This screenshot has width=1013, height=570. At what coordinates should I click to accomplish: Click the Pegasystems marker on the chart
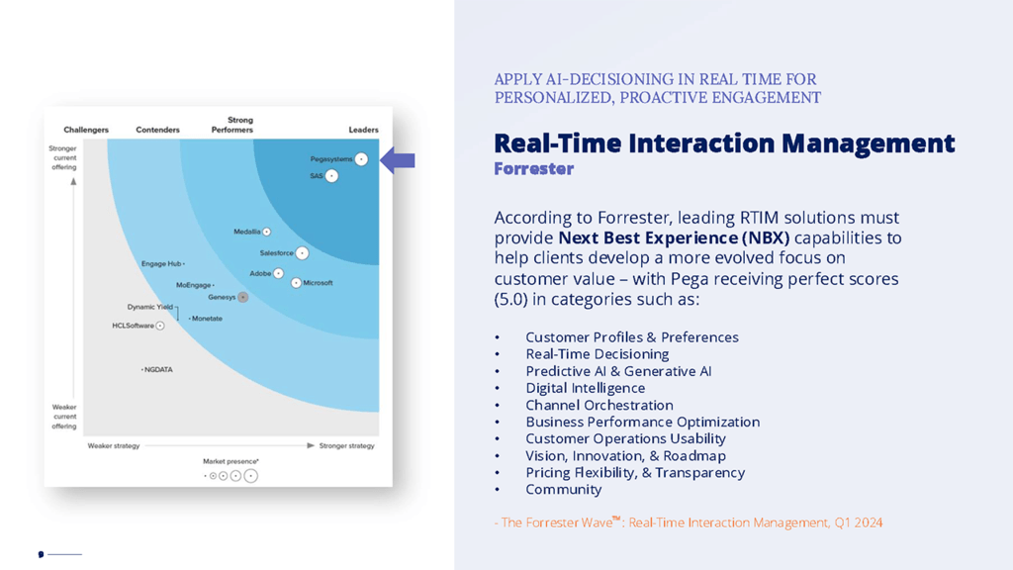361,159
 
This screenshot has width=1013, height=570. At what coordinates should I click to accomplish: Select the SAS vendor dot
331,176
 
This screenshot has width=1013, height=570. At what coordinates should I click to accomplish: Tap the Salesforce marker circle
302,253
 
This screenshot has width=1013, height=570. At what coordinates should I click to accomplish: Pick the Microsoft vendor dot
296,283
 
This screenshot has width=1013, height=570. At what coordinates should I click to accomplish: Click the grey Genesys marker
242,297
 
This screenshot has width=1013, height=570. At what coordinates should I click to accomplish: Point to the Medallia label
247,233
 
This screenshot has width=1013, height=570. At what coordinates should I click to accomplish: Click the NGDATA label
158,370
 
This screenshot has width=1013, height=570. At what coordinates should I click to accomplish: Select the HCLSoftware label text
133,326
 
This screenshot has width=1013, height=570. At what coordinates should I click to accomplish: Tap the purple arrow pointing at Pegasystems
398,159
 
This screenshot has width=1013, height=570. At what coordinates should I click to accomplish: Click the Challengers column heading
86,130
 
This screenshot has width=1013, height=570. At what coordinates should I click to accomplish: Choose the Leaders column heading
363,130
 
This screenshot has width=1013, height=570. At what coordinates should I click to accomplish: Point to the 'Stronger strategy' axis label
346,446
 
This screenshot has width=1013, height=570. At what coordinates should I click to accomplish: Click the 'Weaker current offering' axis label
64,417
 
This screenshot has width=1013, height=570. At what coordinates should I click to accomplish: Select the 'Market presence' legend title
230,461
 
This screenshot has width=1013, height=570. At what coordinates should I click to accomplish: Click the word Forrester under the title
533,169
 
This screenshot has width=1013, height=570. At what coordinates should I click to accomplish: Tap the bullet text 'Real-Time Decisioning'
597,354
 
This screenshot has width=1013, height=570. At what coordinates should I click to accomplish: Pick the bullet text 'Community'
563,490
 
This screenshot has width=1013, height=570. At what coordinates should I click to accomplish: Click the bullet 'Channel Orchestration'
599,405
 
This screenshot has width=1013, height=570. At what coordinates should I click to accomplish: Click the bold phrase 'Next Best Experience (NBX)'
674,238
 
